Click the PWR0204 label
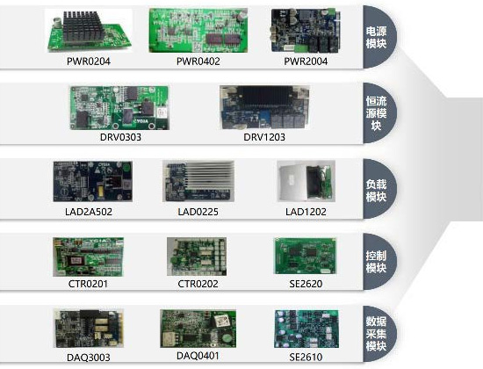pyautogui.click(x=89, y=61)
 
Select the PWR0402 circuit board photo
pyautogui.click(x=198, y=30)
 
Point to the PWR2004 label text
pyautogui.click(x=306, y=61)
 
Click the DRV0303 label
pyautogui.click(x=120, y=137)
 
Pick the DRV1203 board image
pyautogui.click(x=264, y=107)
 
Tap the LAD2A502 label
pyautogui.click(x=89, y=212)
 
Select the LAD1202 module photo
pyautogui.click(x=306, y=181)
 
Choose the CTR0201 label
pyautogui.click(x=88, y=284)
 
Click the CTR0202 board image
pyautogui.click(x=197, y=257)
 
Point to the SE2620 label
pyautogui.click(x=306, y=284)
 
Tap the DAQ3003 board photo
pyautogui.click(x=89, y=329)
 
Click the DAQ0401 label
pyautogui.click(x=198, y=356)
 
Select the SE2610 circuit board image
pyautogui.click(x=306, y=329)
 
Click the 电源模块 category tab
pyautogui.click(x=379, y=37)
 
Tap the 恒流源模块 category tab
pyautogui.click(x=379, y=112)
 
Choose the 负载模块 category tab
pyautogui.click(x=379, y=189)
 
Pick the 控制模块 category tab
pyautogui.click(x=379, y=262)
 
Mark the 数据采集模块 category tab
pyautogui.click(x=379, y=334)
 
